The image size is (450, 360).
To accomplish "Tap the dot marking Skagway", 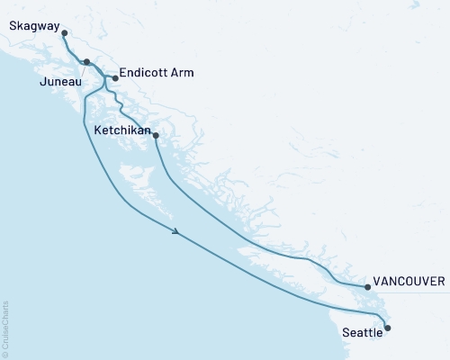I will [65, 33].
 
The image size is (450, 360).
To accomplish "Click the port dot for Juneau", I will [86, 62].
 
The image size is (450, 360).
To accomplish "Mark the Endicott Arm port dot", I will [115, 77].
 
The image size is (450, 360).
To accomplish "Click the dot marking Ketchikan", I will [157, 136].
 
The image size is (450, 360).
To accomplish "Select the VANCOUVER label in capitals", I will [409, 281].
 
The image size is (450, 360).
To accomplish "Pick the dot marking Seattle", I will [388, 328].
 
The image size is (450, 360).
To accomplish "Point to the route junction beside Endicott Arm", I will [105, 78].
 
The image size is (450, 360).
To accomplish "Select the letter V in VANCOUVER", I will [376, 281].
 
